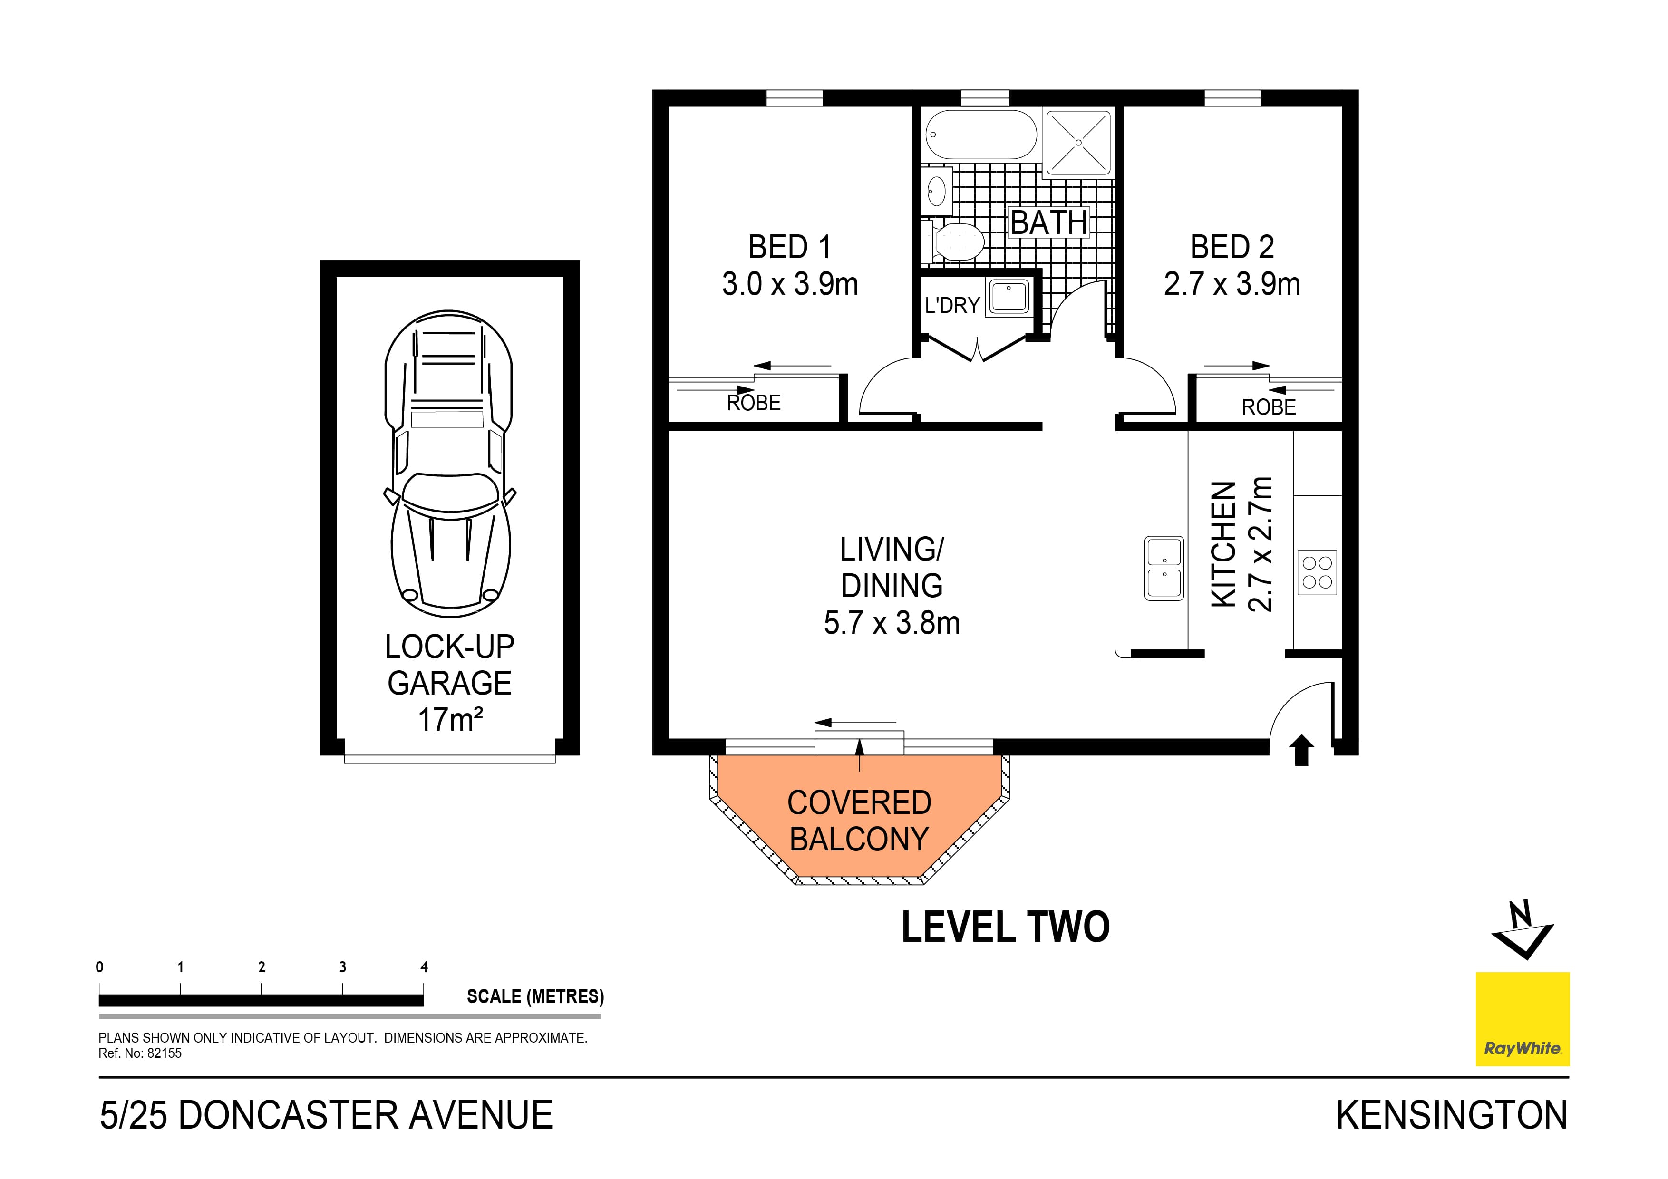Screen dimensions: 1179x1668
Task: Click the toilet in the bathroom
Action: tap(955, 242)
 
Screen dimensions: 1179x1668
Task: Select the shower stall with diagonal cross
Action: tap(1078, 142)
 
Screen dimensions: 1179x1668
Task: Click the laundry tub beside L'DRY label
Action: tap(1009, 298)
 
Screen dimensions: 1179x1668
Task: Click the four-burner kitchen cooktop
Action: tap(1317, 572)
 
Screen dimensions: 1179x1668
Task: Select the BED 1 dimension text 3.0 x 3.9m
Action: tap(790, 284)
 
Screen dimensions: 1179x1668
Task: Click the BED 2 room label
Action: tap(1232, 248)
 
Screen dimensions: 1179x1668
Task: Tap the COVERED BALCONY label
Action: tap(859, 821)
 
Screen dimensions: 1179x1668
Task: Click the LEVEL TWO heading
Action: tap(1006, 928)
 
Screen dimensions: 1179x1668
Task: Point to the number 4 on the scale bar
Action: tap(424, 967)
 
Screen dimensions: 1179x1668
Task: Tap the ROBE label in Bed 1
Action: tap(753, 403)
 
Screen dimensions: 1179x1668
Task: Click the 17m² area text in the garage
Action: tap(450, 720)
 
